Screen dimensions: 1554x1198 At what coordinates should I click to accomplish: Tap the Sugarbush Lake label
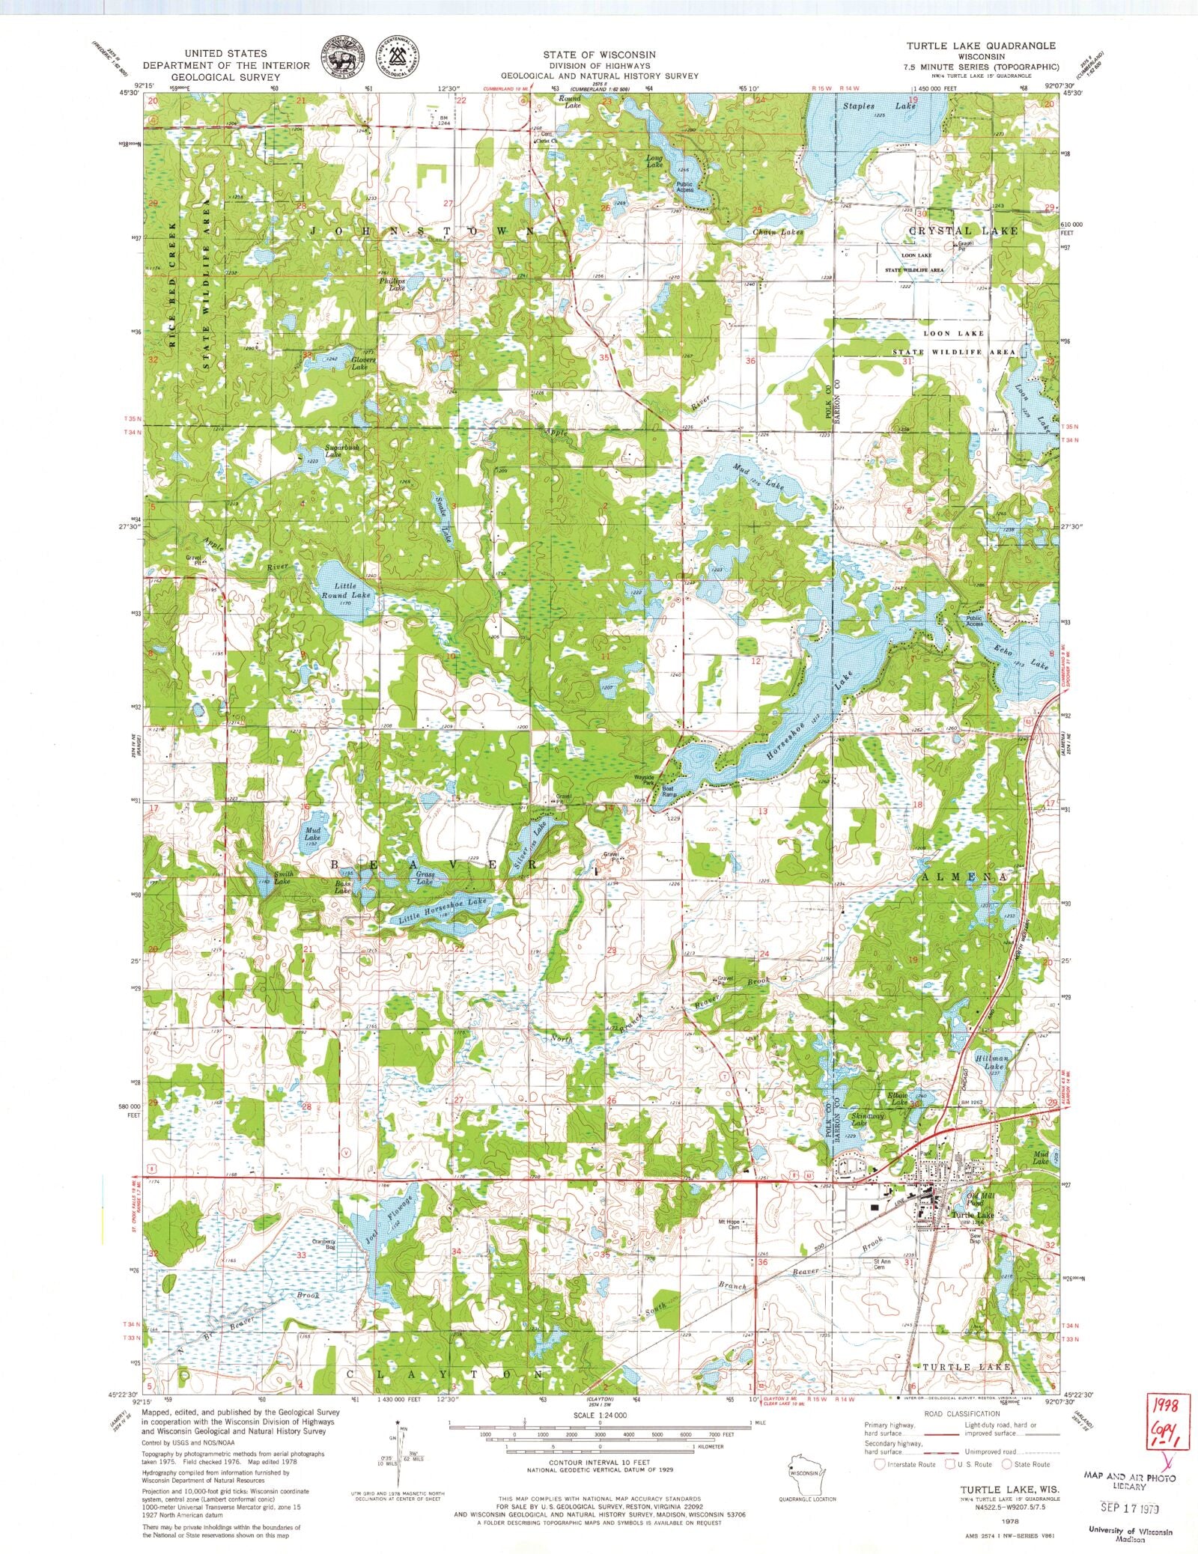[341, 451]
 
